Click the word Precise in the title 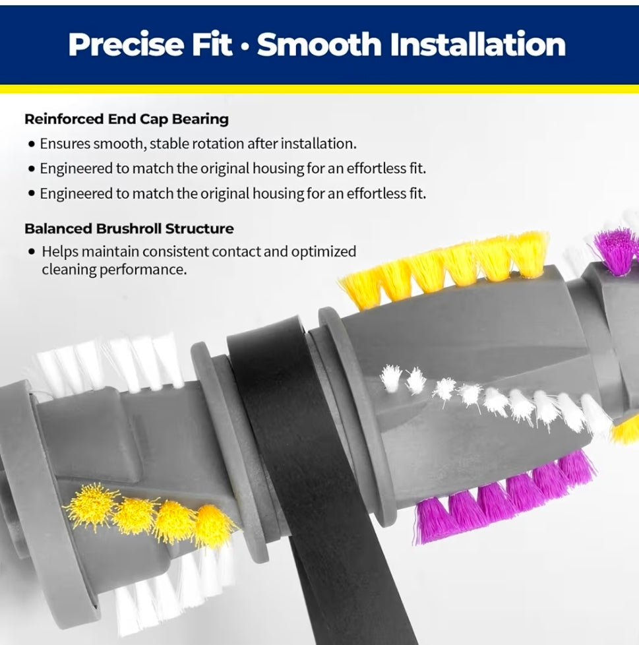click(x=126, y=44)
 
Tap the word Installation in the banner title click(x=477, y=44)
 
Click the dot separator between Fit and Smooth click(x=245, y=46)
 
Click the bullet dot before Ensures click(x=32, y=144)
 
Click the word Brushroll click(x=129, y=229)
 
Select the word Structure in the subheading click(x=199, y=229)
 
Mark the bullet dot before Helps click(x=32, y=252)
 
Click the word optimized click(x=324, y=252)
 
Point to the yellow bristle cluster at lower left click(x=150, y=514)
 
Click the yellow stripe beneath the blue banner click(x=319, y=89)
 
